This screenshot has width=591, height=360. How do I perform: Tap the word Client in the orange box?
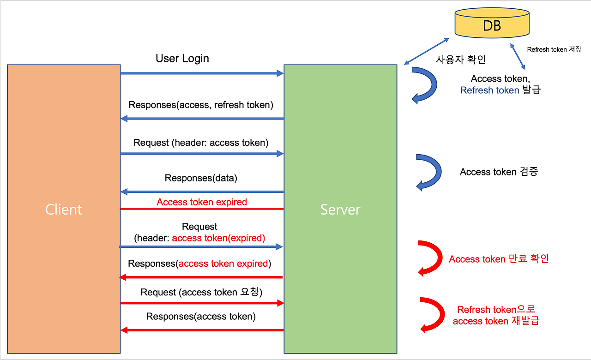click(x=64, y=210)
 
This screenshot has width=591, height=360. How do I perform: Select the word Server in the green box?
click(x=340, y=210)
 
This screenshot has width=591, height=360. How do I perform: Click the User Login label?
click(x=182, y=59)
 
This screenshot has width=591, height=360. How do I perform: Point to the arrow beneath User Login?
click(x=202, y=73)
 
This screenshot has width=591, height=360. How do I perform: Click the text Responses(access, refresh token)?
click(x=201, y=105)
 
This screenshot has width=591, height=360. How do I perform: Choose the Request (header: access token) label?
click(x=201, y=143)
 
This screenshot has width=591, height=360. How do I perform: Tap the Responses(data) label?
click(x=201, y=178)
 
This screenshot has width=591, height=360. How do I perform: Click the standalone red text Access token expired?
click(x=202, y=202)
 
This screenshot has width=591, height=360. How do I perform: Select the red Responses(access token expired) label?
click(x=199, y=264)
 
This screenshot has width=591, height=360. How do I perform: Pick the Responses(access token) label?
click(x=201, y=316)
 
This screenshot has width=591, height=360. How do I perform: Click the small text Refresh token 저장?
click(x=554, y=49)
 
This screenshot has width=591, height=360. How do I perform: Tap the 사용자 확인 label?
click(x=461, y=60)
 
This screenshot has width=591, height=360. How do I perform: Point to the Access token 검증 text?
click(x=499, y=172)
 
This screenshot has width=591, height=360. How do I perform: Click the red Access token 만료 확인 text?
click(x=499, y=259)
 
